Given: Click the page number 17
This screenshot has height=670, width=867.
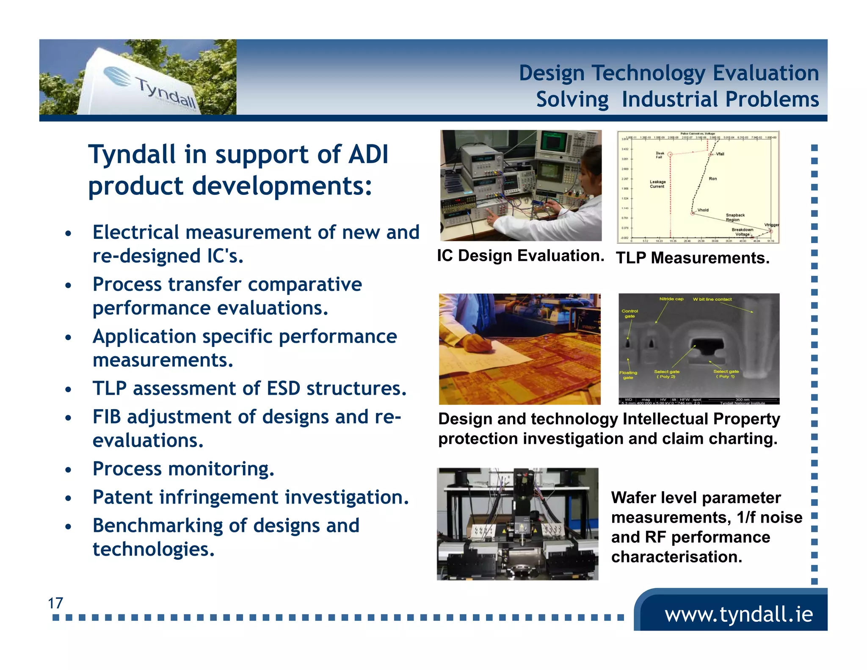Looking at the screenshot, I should point(55,603).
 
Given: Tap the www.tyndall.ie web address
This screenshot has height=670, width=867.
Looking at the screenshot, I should point(739,614).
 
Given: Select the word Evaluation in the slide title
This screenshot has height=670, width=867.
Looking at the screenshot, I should point(766,73).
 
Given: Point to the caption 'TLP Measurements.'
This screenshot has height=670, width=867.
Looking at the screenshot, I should point(693,257).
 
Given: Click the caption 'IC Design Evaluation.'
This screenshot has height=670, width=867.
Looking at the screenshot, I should point(520,255).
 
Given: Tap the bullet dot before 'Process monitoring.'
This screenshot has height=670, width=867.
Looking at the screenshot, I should point(69,470).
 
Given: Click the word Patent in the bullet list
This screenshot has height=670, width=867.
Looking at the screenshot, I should point(123,497).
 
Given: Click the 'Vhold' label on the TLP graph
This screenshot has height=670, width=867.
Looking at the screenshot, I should point(703,210).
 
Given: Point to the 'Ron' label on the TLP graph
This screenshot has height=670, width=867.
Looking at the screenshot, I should point(713,179).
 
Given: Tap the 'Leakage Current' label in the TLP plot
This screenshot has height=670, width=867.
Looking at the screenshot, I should point(657,184).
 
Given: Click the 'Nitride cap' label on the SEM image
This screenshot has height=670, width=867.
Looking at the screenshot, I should point(671,299).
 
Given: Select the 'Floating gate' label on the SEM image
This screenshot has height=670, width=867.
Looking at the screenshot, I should point(628,375).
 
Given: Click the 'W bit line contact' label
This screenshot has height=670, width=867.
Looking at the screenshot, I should point(712,299).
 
